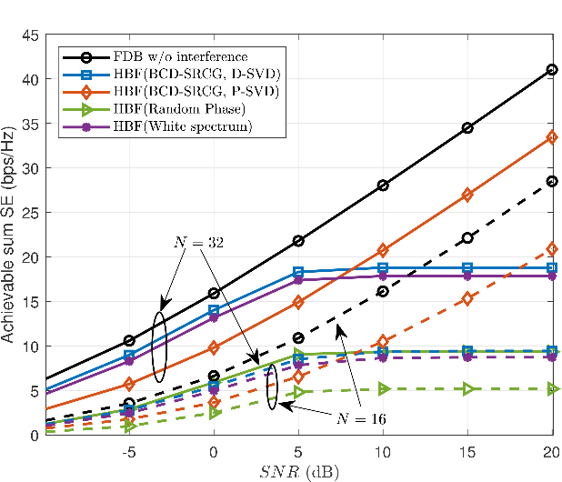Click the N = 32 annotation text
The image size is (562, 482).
pyautogui.click(x=198, y=243)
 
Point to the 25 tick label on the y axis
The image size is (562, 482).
pyautogui.click(x=29, y=213)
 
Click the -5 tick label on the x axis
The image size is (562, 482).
pyautogui.click(x=128, y=451)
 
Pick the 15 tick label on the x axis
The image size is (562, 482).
pyautogui.click(x=467, y=451)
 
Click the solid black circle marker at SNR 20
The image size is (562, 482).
pyautogui.click(x=552, y=70)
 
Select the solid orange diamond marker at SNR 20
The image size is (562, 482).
pyautogui.click(x=552, y=137)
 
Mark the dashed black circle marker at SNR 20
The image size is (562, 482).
pyautogui.click(x=552, y=182)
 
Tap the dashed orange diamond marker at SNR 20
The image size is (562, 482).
pyautogui.click(x=552, y=249)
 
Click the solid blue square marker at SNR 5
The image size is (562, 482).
pyautogui.click(x=298, y=272)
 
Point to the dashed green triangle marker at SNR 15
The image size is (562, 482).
pyautogui.click(x=467, y=389)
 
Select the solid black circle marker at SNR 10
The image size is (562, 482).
pyautogui.click(x=383, y=186)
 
